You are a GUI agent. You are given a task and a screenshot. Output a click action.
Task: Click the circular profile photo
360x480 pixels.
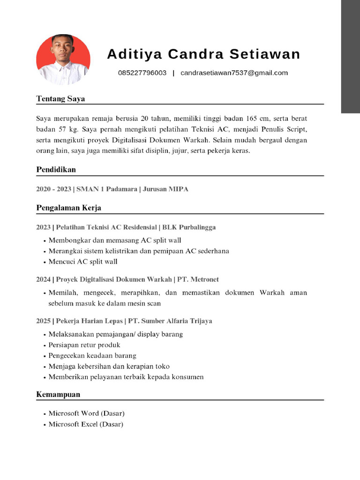pos(63,60)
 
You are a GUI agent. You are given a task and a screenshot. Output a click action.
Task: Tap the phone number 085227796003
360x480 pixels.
pos(142,73)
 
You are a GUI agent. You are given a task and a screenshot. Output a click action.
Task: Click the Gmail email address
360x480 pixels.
pos(234,73)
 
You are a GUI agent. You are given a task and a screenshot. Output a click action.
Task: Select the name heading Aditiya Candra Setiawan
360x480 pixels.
pos(203,54)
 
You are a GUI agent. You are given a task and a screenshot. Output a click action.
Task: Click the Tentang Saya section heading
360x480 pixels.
pos(60,99)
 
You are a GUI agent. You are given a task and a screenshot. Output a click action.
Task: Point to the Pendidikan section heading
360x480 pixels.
pos(56,169)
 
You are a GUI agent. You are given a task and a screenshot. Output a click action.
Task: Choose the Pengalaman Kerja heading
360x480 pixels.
pos(68,207)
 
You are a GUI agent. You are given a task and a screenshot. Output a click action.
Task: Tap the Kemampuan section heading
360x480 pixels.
pos(58,394)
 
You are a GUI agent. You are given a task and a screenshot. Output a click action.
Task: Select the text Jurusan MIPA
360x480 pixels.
pos(165,189)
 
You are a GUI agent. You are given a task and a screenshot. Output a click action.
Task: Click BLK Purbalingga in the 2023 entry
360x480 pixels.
pos(189,227)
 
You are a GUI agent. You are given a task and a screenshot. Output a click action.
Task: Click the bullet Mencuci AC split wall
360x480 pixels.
pos(83,262)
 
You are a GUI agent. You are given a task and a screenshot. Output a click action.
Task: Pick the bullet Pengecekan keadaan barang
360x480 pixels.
pos(92,355)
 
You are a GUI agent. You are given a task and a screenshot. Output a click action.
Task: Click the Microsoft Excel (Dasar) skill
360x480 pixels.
pos(86,424)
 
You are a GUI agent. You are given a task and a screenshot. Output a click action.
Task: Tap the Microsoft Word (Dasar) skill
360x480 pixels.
pos(86,413)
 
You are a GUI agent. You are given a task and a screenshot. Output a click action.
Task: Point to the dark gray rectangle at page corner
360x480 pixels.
pos(350,56)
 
